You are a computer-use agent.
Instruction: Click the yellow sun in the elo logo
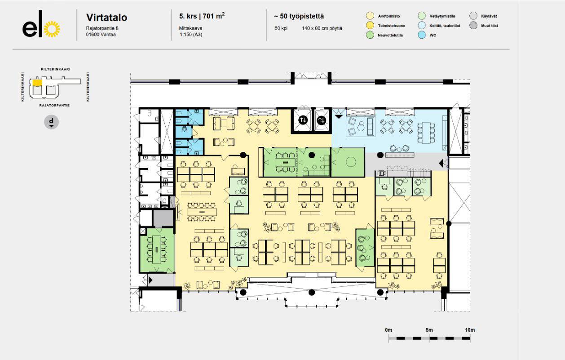coord(52,29)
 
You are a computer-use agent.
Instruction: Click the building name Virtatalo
coord(107,18)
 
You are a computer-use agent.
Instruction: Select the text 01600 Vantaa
coord(101,35)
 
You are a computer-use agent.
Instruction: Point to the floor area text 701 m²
coord(213,16)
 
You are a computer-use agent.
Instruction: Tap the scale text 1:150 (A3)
coord(191,35)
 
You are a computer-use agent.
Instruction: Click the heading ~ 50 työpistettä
coord(299,16)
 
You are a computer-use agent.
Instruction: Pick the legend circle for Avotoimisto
coord(370,16)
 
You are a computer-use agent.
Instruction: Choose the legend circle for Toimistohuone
coord(370,25)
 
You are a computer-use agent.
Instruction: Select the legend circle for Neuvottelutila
coord(370,35)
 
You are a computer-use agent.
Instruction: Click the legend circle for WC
coord(422,35)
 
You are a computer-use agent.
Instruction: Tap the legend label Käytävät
coord(489,16)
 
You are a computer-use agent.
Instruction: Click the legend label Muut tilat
coord(490,26)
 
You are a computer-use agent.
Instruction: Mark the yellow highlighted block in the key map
coord(37,83)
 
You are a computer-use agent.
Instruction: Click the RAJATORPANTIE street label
coord(54,105)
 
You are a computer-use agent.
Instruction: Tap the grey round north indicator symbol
coord(52,122)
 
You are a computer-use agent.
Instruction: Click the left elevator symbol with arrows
coord(303,120)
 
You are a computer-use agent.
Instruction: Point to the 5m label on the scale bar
coord(429,330)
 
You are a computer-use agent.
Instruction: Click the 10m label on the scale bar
coord(470,330)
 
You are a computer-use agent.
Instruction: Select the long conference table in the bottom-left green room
coord(157,249)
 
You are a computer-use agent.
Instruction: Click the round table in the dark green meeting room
coord(351,162)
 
